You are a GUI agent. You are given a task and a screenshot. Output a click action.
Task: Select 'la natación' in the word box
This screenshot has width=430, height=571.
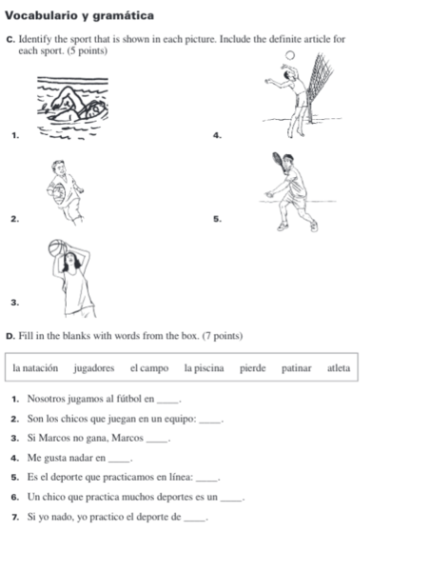(36, 367)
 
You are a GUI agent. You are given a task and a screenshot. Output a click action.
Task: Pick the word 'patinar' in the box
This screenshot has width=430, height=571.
(298, 367)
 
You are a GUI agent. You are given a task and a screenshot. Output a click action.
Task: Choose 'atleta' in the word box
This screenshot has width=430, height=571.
(338, 367)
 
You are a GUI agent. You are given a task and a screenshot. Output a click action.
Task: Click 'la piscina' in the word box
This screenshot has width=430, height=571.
(205, 367)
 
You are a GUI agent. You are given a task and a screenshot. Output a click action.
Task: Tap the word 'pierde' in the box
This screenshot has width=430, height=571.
(253, 367)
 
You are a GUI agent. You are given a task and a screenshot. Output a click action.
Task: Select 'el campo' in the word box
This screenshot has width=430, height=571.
(149, 367)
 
